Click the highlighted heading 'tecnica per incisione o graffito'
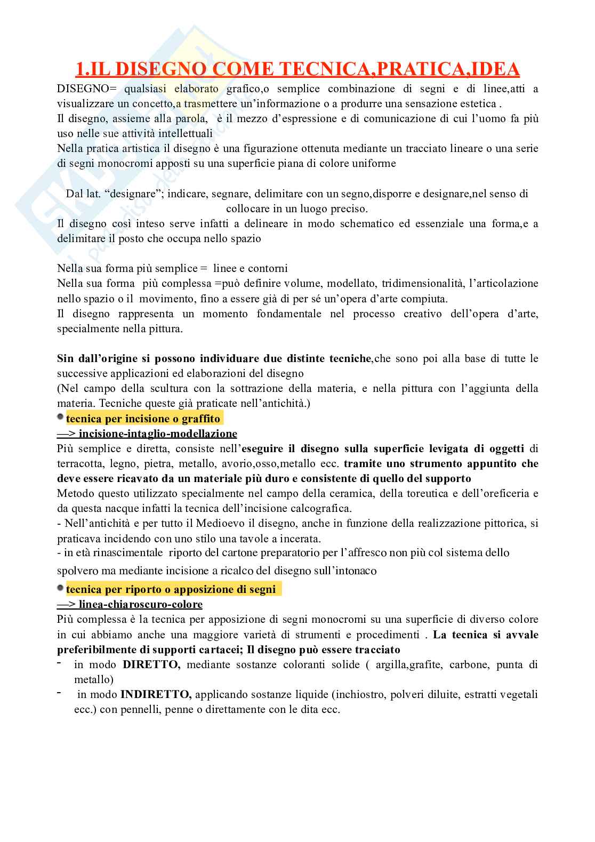143,419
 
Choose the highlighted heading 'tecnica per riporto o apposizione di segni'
171,590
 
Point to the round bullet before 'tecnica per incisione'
60,416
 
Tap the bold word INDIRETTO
156,695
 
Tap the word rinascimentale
111,553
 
